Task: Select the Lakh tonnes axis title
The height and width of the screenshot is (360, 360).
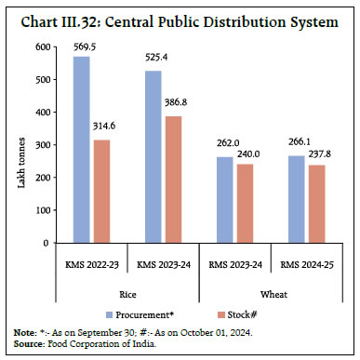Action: point(20,144)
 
